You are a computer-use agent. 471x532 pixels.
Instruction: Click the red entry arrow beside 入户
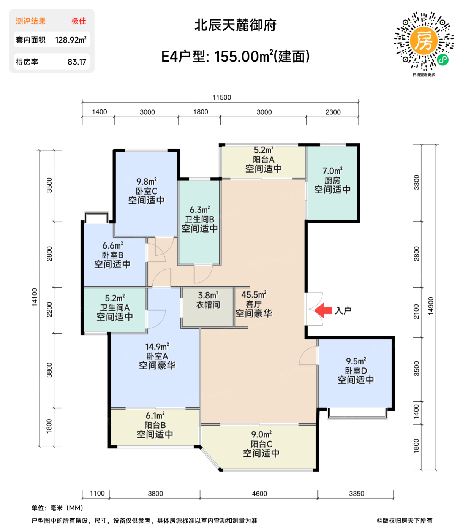(323, 310)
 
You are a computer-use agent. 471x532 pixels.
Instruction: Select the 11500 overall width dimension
(221, 97)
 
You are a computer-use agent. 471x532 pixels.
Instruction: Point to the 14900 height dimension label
(431, 306)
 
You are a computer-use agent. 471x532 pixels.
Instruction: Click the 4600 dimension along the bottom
(259, 493)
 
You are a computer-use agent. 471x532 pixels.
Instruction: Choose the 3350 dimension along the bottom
(356, 493)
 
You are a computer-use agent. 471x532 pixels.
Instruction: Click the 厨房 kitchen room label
(332, 180)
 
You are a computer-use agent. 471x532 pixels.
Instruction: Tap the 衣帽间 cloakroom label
(208, 305)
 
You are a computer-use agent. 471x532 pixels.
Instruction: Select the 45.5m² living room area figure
(254, 294)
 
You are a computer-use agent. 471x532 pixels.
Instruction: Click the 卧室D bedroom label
(356, 370)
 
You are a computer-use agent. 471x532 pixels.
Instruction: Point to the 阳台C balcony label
(261, 444)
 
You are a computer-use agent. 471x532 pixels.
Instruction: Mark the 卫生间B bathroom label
(200, 219)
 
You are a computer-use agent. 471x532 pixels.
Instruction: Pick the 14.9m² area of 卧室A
(157, 347)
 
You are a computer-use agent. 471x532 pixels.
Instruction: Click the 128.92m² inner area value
(71, 40)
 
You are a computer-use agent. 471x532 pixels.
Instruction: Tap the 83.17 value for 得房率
(77, 62)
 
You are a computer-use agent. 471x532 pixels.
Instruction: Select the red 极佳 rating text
(79, 21)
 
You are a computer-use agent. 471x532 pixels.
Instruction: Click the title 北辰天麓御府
(235, 25)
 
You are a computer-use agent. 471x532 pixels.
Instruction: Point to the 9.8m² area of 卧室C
(147, 182)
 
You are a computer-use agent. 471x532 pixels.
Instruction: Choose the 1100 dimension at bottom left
(97, 493)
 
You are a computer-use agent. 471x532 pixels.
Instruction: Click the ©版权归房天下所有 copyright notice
(405, 521)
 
